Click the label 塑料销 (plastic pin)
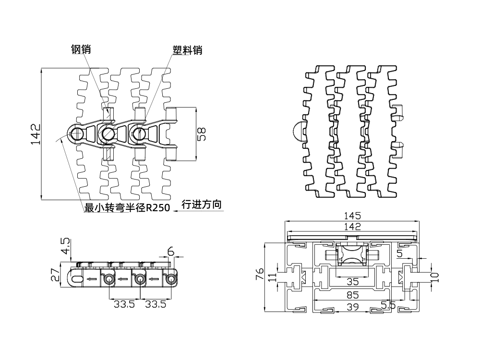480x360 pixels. (x=187, y=50)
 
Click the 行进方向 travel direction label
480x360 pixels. (x=202, y=205)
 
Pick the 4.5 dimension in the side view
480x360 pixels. (x=65, y=246)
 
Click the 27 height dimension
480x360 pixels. (x=55, y=275)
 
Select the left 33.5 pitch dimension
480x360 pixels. (x=124, y=303)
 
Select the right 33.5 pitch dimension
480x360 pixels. (x=156, y=303)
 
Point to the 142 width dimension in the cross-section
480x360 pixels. (x=352, y=226)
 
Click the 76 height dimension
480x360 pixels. (x=259, y=275)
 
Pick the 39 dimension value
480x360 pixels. (x=353, y=306)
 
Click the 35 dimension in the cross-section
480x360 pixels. (x=353, y=281)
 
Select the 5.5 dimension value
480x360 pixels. (x=388, y=304)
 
